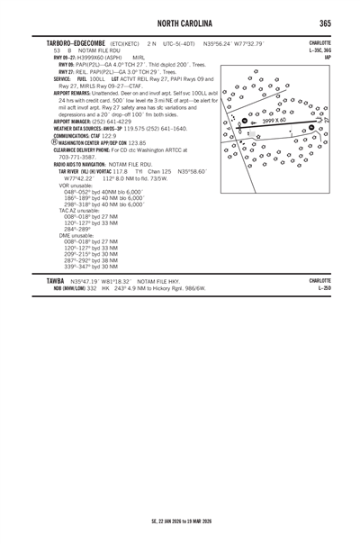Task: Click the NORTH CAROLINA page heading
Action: [x=180, y=22]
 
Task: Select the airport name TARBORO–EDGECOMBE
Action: [x=61, y=43]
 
